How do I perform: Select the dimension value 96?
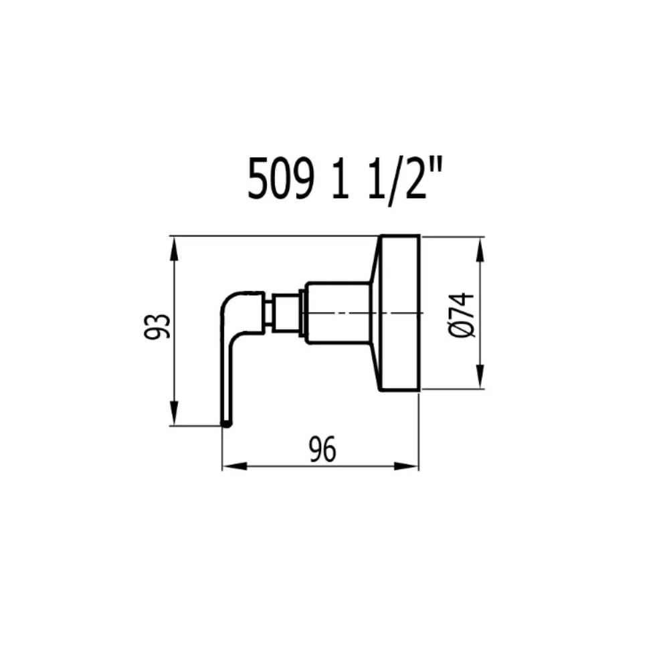tap(322, 450)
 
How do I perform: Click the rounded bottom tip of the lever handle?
tap(227, 421)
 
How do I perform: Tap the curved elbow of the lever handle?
tap(231, 302)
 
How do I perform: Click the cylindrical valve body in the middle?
tap(338, 313)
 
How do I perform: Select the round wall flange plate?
tap(400, 313)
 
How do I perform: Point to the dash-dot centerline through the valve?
tap(355, 313)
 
